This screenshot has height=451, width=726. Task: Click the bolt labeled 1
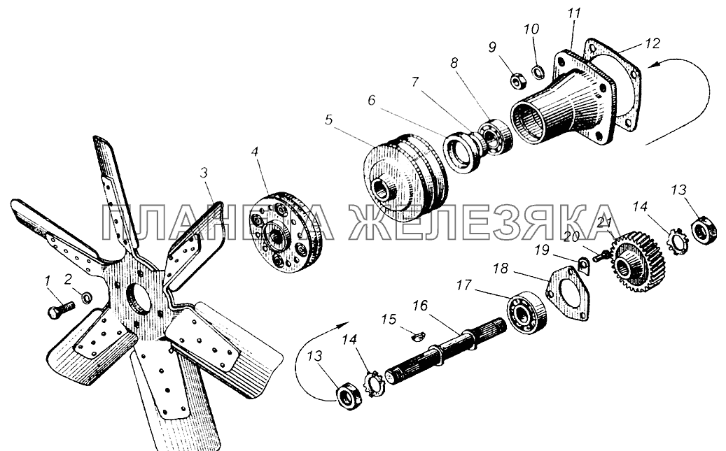[61, 310]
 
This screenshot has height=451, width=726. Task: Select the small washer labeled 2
[87, 297]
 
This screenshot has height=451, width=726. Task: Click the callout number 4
[254, 152]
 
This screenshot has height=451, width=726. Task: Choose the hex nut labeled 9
[517, 81]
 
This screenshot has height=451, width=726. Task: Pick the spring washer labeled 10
[538, 72]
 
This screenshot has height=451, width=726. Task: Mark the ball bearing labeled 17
[526, 313]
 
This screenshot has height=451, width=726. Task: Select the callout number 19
[542, 250]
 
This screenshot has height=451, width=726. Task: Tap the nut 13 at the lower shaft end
[349, 399]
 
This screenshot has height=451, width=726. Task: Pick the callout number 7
[415, 82]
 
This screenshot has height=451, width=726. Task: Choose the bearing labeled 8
[494, 137]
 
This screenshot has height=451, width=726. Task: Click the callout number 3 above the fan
[204, 173]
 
